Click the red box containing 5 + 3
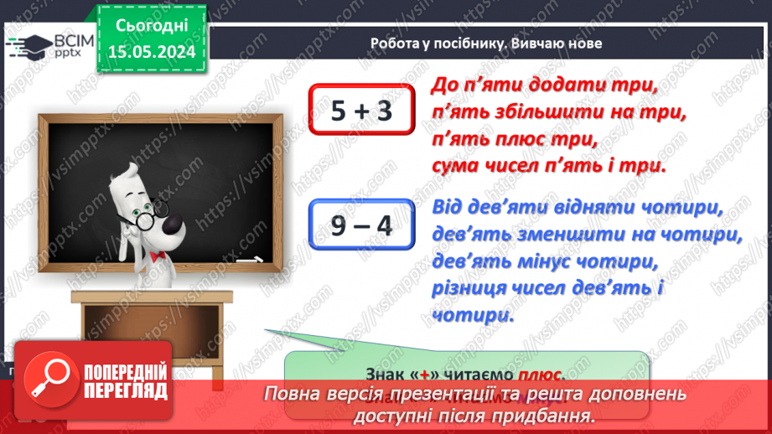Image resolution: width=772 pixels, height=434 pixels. pos(361,110)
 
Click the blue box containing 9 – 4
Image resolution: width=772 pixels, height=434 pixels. pos(361,225)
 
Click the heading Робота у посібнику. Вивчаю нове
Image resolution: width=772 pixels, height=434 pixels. pos(486,44)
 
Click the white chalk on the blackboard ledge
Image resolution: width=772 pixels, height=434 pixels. pos(248,262)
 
